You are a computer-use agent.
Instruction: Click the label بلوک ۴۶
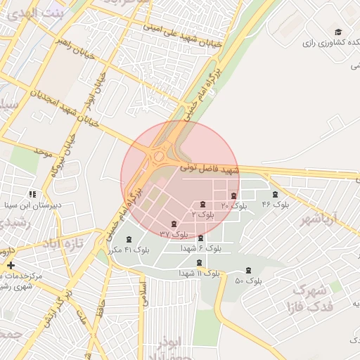coord(276,204)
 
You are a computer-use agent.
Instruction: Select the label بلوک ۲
coord(202,212)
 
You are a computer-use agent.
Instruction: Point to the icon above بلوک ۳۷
coord(174,224)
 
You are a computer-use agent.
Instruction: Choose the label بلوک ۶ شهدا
coord(201,248)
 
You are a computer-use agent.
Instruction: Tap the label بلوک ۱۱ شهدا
coord(199,272)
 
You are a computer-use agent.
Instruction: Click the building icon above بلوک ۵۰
coord(247,271)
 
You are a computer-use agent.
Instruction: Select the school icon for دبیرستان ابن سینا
coord(32,193)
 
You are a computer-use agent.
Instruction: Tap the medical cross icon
coord(10,265)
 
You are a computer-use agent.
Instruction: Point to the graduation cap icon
coord(338,32)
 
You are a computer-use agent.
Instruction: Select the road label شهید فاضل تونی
coord(210,169)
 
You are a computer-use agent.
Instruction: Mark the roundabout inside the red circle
coord(160,155)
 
